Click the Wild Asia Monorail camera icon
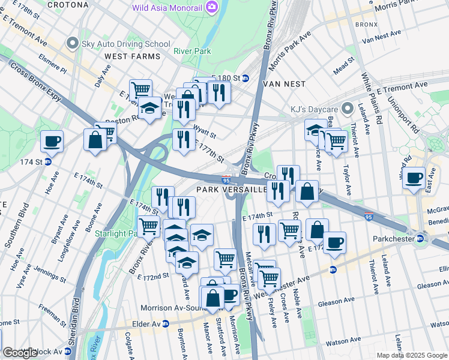coord(211,7)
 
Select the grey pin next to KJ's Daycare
coord(347,109)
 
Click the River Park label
coord(192,52)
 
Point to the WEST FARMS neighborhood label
coord(132,56)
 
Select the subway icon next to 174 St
coord(47,162)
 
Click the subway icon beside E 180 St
coord(245,79)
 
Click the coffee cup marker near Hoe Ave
coord(52,142)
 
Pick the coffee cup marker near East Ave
coord(414,178)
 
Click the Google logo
coord(20,353)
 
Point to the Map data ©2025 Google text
coord(412,355)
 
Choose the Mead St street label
coord(344,63)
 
